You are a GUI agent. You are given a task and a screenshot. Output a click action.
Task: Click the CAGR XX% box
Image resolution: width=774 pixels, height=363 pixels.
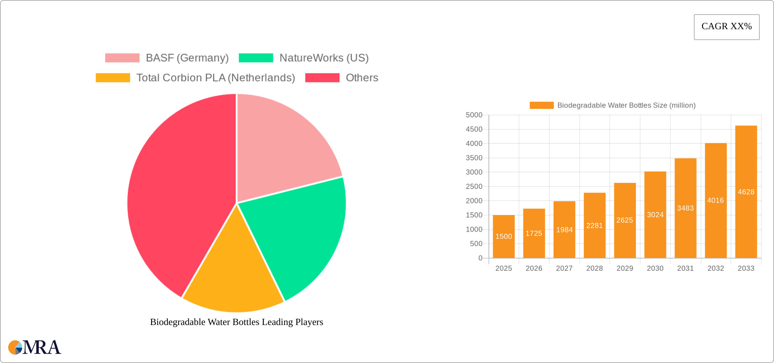726,27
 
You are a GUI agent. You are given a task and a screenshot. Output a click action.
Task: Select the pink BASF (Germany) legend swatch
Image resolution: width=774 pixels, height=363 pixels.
122,58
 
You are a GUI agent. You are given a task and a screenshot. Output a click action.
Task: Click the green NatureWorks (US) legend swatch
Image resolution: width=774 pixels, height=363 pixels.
256,58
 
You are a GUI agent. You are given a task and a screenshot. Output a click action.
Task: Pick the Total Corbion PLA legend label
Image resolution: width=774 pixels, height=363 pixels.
216,78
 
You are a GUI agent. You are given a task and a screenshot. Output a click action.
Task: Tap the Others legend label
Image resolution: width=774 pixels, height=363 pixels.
362,78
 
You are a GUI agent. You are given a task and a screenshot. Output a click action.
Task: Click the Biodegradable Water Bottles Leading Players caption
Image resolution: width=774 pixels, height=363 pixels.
236,322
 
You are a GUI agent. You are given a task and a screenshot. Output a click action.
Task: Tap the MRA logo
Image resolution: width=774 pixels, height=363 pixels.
34,347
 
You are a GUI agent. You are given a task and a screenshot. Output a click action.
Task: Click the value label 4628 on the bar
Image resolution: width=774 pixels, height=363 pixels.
746,192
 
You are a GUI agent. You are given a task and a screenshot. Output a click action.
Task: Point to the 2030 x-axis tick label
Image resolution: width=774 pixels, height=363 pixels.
655,268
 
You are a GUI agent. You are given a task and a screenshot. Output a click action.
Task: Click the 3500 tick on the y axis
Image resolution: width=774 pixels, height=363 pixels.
474,158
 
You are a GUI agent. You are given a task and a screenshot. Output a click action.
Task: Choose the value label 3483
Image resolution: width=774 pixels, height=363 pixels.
685,208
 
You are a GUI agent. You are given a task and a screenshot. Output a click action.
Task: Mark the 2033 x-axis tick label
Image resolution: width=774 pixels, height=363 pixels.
746,268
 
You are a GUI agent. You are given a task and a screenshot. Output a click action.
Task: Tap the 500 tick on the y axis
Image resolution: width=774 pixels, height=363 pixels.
476,244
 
